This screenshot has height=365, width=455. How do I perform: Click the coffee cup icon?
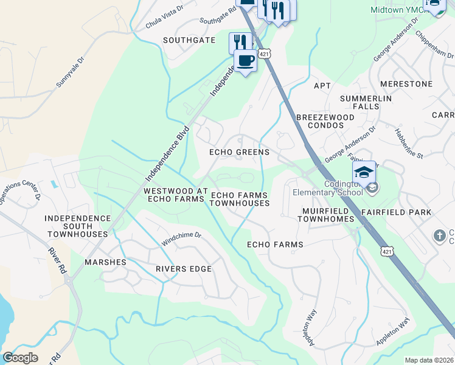click(245, 61)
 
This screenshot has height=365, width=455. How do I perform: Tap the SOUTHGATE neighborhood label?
click(189, 40)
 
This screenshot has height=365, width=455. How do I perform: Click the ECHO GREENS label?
click(239, 152)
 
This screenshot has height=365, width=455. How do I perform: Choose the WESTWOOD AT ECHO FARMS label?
click(173, 195)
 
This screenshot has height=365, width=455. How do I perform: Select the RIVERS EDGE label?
click(184, 269)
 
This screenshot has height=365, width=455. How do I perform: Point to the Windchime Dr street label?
click(181, 239)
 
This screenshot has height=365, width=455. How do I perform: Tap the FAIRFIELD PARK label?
click(396, 212)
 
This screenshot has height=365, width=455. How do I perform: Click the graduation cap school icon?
click(364, 172)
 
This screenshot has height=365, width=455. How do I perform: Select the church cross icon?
click(439, 235)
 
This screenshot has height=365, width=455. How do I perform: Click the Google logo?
click(20, 358)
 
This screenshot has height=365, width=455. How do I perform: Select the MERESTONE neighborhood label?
click(405, 83)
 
